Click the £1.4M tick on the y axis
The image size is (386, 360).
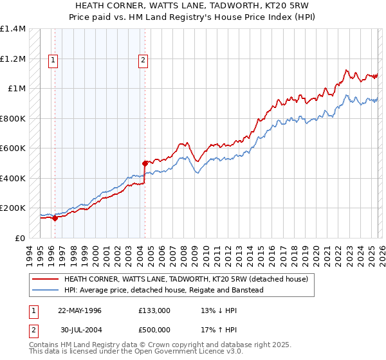pyautogui.click(x=12, y=29)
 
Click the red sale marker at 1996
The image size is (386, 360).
pyautogui.click(x=55, y=218)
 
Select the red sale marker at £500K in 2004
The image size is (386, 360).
pyautogui.click(x=145, y=163)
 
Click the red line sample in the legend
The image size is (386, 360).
pyautogui.click(x=45, y=280)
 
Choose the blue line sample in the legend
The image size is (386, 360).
pyautogui.click(x=45, y=290)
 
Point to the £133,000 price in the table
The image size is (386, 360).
pyautogui.click(x=154, y=310)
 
